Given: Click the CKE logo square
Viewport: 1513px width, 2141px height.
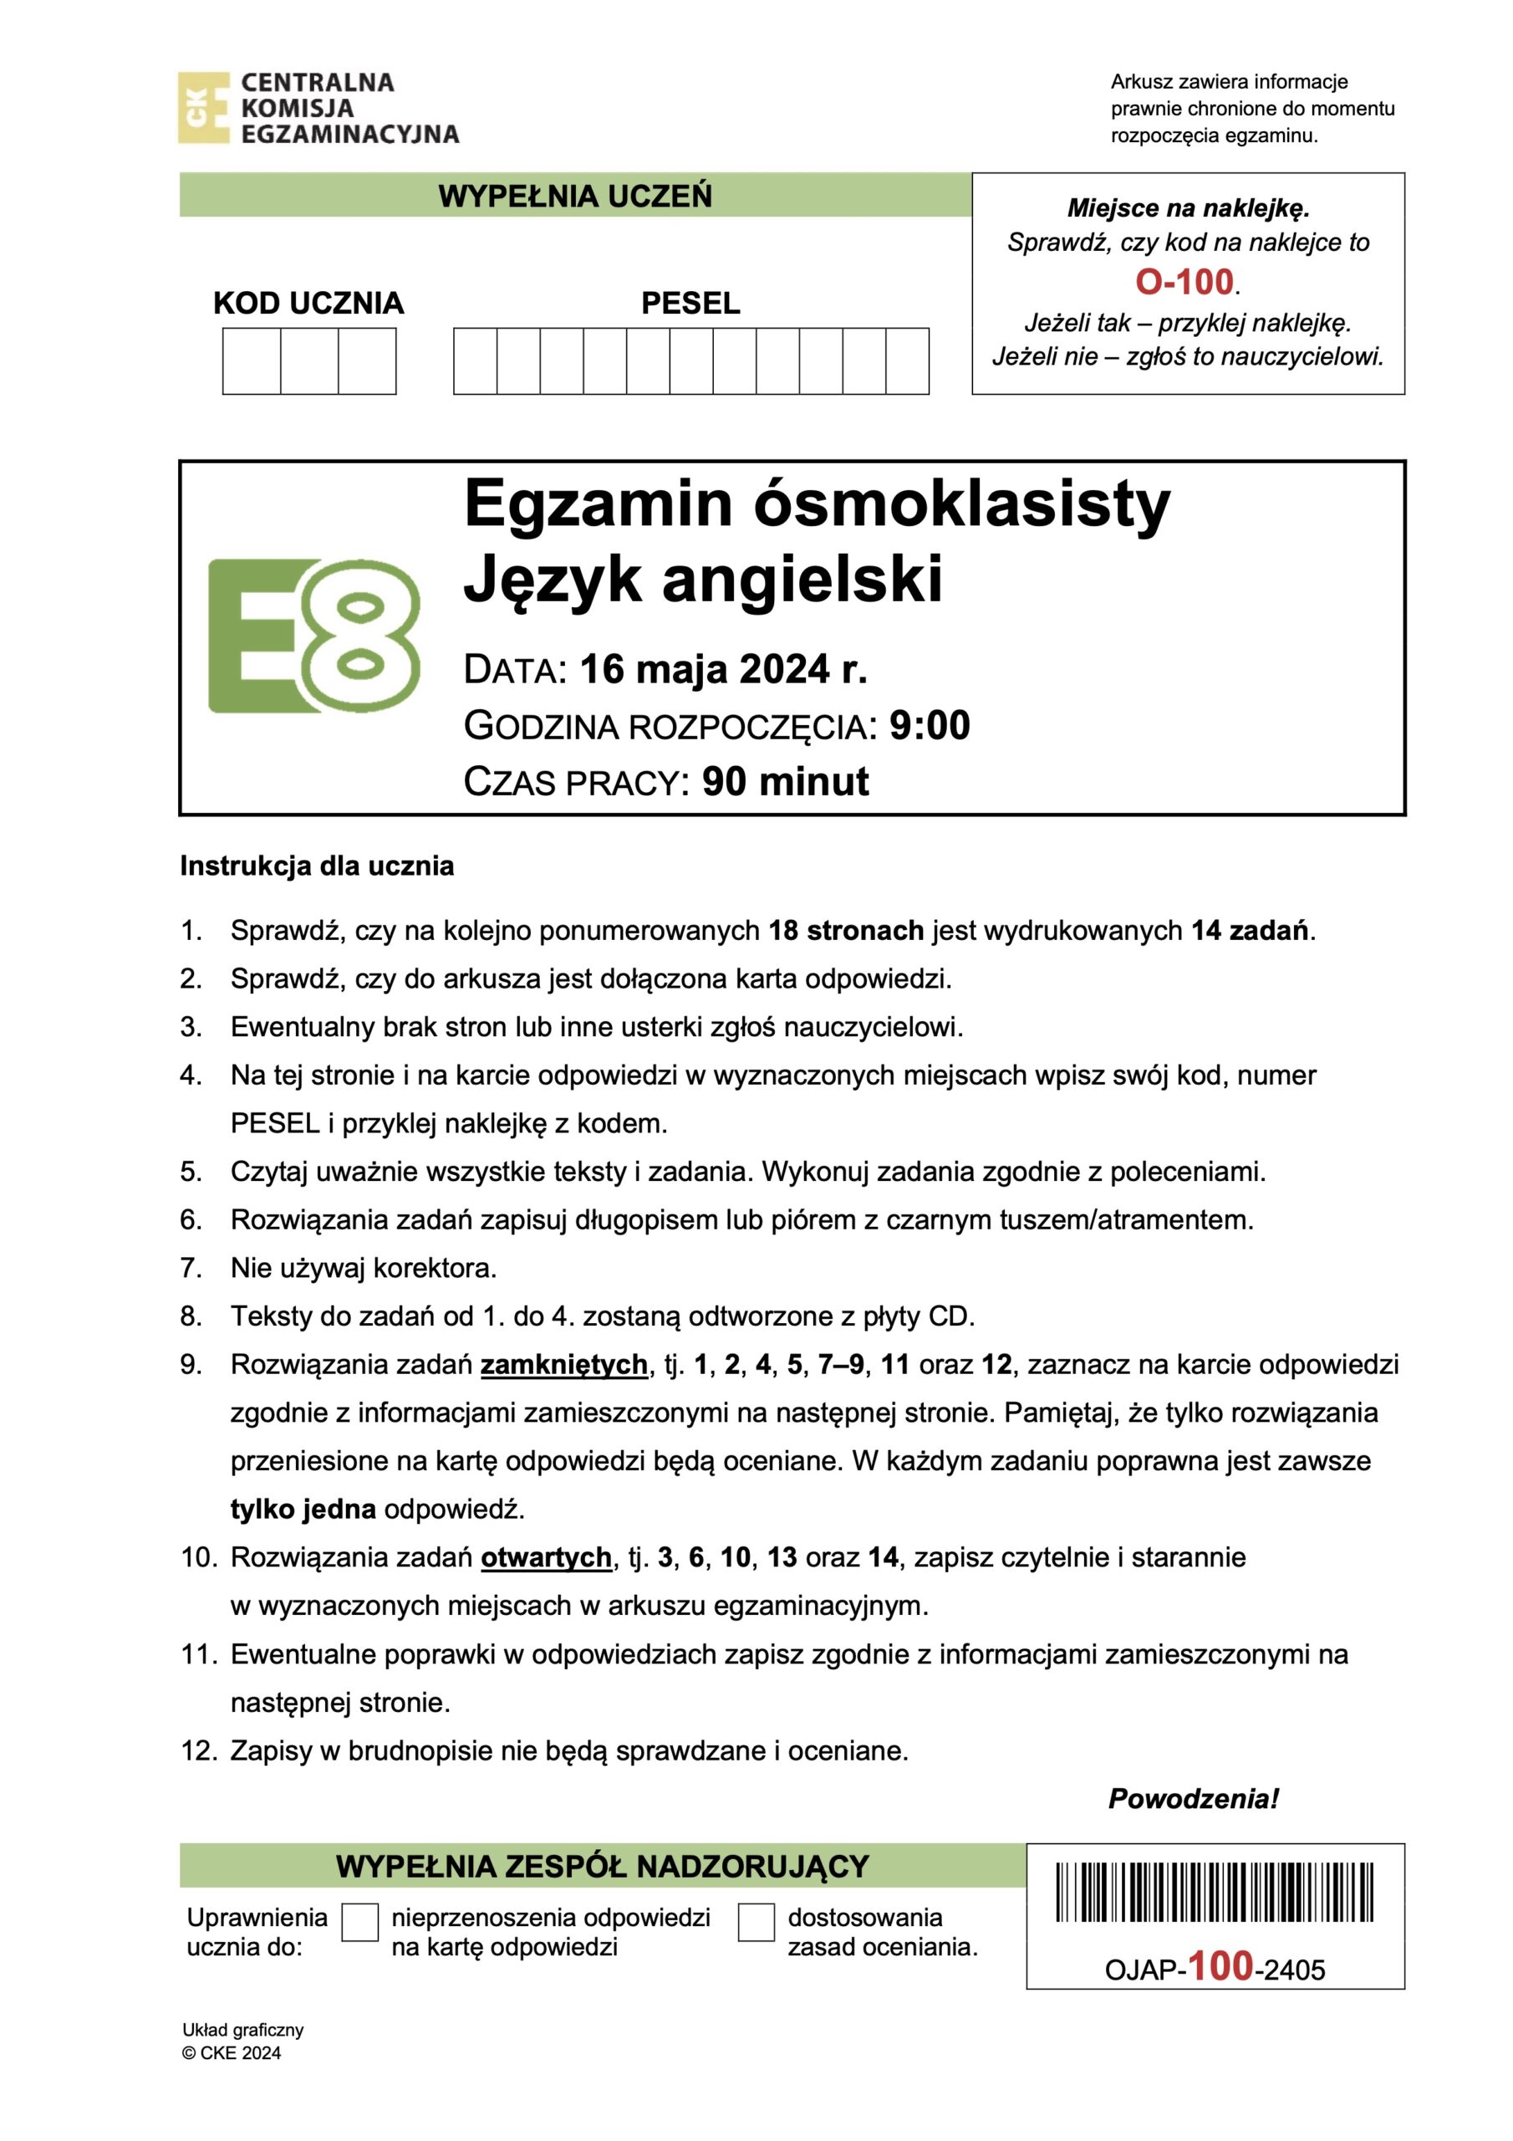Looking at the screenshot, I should pyautogui.click(x=203, y=107).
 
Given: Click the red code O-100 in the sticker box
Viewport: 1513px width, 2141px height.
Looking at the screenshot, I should pyautogui.click(x=1184, y=282).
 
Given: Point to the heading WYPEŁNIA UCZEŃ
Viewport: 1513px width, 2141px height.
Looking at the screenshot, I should pyautogui.click(x=575, y=196).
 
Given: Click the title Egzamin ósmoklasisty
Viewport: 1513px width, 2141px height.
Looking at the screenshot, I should pyautogui.click(x=817, y=503).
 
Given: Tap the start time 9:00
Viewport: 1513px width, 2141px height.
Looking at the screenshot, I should pyautogui.click(x=930, y=725).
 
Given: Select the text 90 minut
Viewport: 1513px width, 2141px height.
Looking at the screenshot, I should pyautogui.click(x=785, y=781).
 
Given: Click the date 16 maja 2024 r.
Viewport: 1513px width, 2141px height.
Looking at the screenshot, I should pyautogui.click(x=723, y=670).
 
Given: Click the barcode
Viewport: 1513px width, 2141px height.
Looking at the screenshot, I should pyautogui.click(x=1215, y=1891).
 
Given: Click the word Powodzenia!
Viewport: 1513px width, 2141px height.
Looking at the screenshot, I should pyautogui.click(x=1193, y=1799).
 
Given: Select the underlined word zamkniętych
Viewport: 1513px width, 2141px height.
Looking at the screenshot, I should pyautogui.click(x=564, y=1364).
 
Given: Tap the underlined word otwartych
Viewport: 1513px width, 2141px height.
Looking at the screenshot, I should pyautogui.click(x=547, y=1557).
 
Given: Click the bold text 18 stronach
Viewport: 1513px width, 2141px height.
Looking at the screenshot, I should pyautogui.click(x=846, y=931).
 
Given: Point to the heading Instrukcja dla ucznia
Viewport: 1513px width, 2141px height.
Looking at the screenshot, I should pyautogui.click(x=317, y=866).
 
